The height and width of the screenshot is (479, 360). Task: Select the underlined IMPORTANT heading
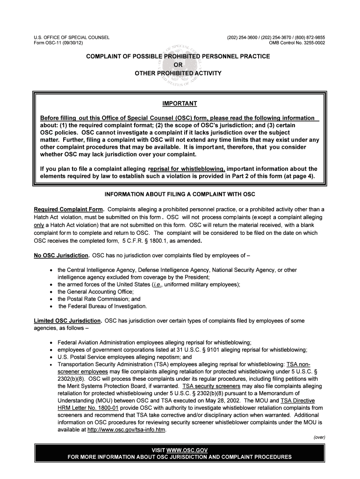tap(180, 103)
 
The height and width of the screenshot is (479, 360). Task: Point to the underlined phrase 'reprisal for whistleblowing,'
tap(187, 169)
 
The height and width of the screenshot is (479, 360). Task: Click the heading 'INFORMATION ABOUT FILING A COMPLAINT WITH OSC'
tap(180, 194)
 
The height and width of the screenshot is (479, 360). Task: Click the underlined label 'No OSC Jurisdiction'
tap(61, 255)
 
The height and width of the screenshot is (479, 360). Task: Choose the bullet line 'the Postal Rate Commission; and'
tap(99, 299)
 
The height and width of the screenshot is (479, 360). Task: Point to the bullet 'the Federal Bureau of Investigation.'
tap(102, 306)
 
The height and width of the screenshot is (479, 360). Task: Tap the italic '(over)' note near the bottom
tap(319, 437)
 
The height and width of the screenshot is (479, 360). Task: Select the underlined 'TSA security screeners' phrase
tap(211, 386)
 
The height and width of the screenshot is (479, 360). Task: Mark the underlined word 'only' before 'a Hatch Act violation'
tap(39, 225)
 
